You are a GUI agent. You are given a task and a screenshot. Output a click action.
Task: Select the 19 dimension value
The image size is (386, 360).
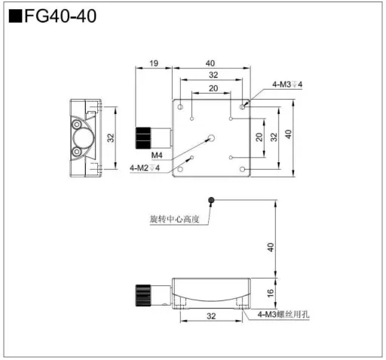tap(153, 64)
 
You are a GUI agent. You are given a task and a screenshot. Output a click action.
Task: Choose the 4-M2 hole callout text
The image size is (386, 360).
tap(145, 168)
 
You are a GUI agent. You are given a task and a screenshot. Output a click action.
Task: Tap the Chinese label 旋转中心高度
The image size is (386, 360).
tap(174, 220)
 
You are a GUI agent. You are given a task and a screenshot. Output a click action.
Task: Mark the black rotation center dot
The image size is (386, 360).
tap(213, 200)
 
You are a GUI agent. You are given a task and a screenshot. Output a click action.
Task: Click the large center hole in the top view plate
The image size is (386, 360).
tap(212, 138)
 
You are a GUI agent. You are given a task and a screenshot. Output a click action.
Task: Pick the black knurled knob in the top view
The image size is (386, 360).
tap(143, 138)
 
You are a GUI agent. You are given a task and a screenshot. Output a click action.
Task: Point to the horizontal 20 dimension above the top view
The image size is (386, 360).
tap(213, 88)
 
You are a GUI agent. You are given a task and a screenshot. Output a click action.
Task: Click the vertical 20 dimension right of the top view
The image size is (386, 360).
tap(259, 137)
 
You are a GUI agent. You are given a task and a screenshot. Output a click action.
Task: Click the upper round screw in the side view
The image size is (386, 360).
tap(77, 124)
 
